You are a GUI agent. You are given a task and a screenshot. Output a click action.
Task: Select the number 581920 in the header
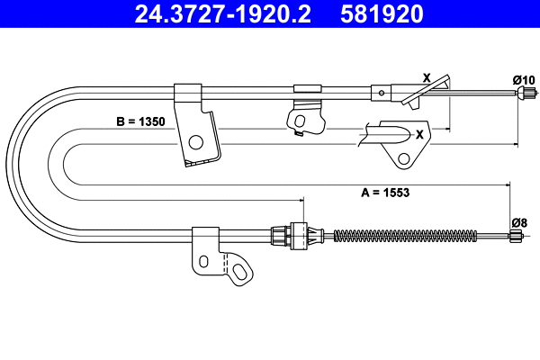379,14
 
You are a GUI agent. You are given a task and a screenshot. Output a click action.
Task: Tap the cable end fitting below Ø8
517,237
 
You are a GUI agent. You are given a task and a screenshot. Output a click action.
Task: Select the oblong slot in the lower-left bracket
204,261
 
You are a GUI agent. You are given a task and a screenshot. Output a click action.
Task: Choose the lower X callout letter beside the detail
419,134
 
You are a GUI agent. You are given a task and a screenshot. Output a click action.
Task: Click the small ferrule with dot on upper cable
382,91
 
